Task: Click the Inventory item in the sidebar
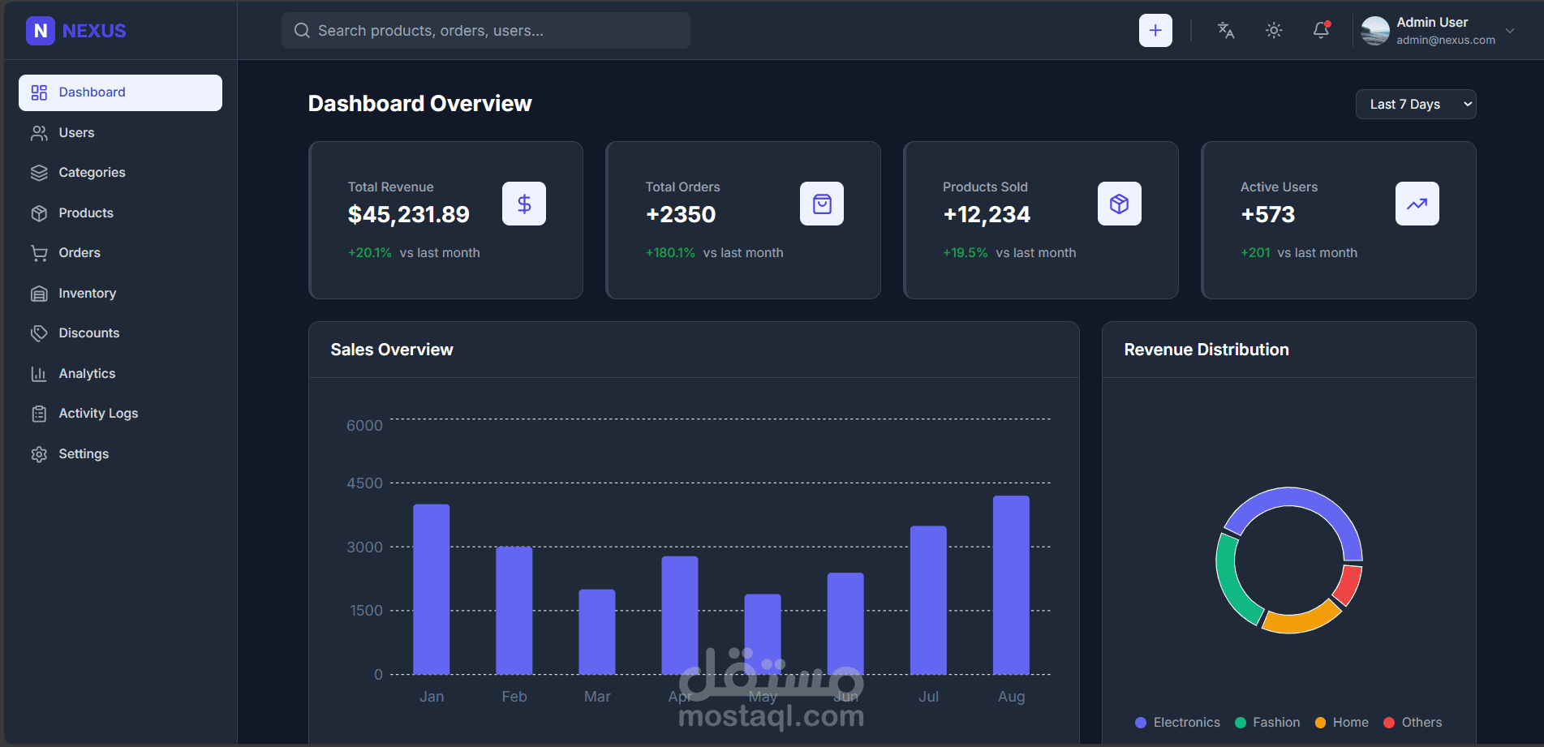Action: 87,294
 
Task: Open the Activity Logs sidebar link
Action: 97,414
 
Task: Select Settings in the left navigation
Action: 83,454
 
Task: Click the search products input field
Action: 487,31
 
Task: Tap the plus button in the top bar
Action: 1155,31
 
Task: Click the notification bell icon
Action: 1321,31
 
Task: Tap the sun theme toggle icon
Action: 1274,31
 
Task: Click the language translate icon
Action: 1226,31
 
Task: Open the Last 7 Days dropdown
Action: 1415,105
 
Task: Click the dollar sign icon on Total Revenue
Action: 524,204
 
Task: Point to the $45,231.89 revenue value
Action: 409,215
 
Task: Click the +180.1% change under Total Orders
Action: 670,253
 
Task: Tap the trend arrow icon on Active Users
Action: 1417,204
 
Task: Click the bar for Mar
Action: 597,632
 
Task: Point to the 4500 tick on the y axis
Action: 364,483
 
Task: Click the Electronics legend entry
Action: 1177,723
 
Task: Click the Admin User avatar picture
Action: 1375,31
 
